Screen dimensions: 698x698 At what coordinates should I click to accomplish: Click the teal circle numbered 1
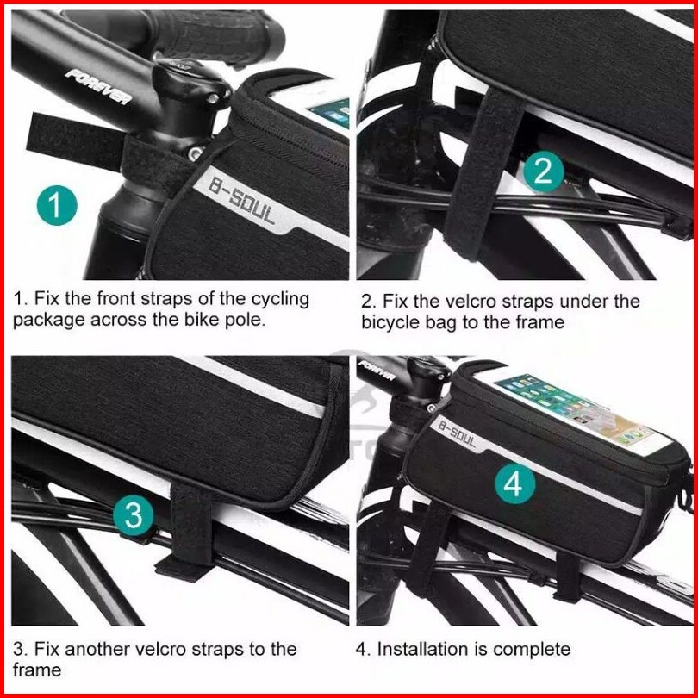pyautogui.click(x=57, y=205)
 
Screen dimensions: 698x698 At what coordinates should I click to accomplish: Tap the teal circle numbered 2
pyautogui.click(x=543, y=171)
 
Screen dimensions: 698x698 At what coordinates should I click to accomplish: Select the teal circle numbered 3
pyautogui.click(x=133, y=515)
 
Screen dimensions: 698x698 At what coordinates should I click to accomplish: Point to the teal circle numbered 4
pyautogui.click(x=514, y=483)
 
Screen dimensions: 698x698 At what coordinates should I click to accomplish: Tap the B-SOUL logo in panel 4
pyautogui.click(x=458, y=433)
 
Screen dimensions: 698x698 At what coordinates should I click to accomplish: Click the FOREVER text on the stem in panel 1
pyautogui.click(x=98, y=87)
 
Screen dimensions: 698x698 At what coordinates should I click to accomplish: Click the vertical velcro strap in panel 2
pyautogui.click(x=483, y=173)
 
